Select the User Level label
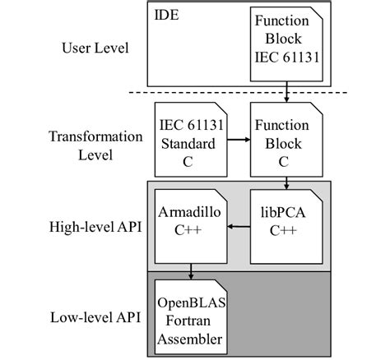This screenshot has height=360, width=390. (95, 48)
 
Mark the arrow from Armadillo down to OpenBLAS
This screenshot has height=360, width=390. (191, 270)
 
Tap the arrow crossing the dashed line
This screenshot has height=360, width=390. (286, 90)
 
